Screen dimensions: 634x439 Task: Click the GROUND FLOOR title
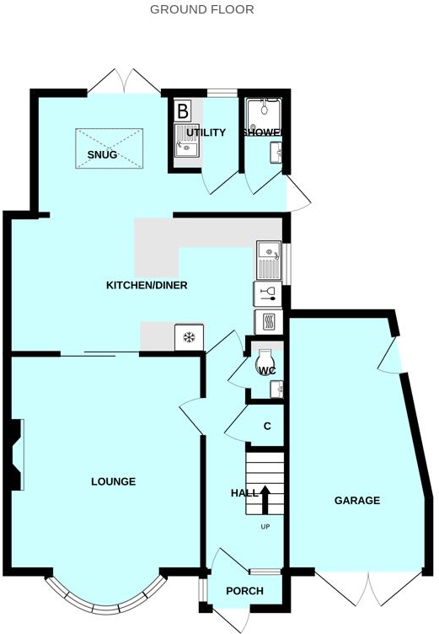coord(201,10)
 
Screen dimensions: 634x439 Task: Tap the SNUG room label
coord(102,154)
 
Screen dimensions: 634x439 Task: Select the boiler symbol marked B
coord(182,110)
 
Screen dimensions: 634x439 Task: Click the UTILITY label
coord(206,133)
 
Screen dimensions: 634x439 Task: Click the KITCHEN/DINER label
coord(146,285)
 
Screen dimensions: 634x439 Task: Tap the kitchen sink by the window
coord(268,261)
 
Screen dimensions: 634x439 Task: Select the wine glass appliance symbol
coord(268,293)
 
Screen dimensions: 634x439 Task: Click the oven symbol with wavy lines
coord(267,322)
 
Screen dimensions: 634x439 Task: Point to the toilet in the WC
coord(264,360)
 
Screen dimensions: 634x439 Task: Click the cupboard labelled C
coord(267,427)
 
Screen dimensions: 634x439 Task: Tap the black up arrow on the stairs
coord(265,499)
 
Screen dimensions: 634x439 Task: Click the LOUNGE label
coord(113,481)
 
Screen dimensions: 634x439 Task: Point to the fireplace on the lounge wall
coord(16,454)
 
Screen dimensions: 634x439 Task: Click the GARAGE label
coord(357,501)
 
